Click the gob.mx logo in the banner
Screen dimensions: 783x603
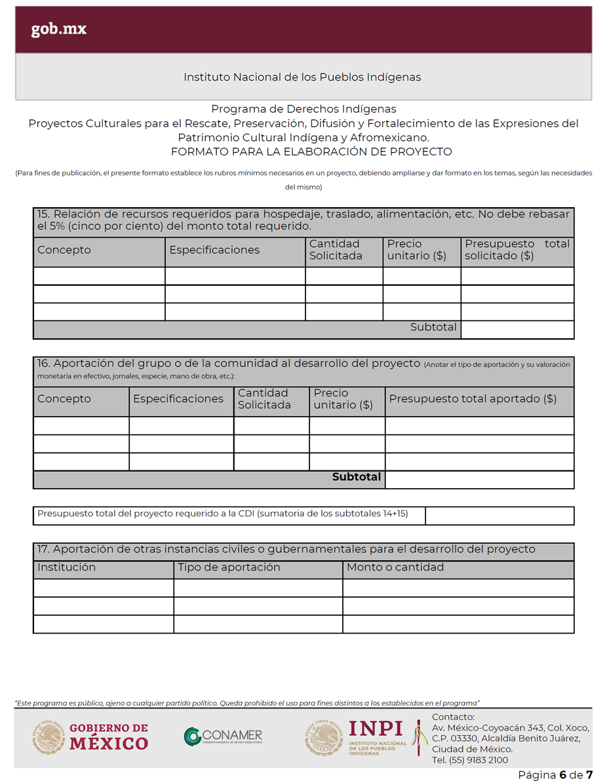point(59,29)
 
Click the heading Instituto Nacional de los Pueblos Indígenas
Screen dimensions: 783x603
point(302,77)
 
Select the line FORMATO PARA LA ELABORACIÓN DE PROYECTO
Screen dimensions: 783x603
point(311,152)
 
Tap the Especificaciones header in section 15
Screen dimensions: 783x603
point(214,250)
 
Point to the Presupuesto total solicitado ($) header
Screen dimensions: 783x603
point(516,250)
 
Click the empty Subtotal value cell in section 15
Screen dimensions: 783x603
point(517,329)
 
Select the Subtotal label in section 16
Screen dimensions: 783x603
point(356,477)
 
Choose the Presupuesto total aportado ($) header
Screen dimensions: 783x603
point(473,399)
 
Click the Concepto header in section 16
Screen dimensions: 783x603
point(64,399)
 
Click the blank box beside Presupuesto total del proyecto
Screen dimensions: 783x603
point(499,516)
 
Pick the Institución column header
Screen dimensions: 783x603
point(67,567)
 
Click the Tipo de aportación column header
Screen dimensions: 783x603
point(229,567)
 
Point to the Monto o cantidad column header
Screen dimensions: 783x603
point(395,567)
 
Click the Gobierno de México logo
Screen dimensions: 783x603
point(90,737)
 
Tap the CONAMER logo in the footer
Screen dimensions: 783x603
point(223,737)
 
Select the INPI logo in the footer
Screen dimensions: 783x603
point(357,737)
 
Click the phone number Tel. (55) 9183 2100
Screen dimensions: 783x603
point(470,760)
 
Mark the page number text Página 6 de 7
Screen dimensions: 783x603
point(555,775)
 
